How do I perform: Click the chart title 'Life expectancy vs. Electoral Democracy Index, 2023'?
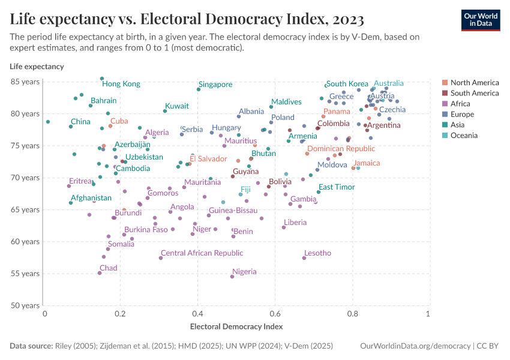tap(187, 19)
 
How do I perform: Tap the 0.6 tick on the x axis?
tap(275, 314)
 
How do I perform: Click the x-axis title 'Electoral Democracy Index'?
tap(236, 327)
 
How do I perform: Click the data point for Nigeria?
tap(232, 277)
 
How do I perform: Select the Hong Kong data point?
tap(102, 79)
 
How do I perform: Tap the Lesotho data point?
tap(304, 258)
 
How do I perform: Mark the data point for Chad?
tap(100, 273)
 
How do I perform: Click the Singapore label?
tap(215, 85)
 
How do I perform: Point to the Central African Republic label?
tap(202, 253)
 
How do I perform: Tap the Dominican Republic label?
tap(341, 149)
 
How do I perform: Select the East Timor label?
tap(337, 187)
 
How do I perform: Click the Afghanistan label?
tap(91, 198)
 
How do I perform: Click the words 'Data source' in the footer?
tap(31, 346)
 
